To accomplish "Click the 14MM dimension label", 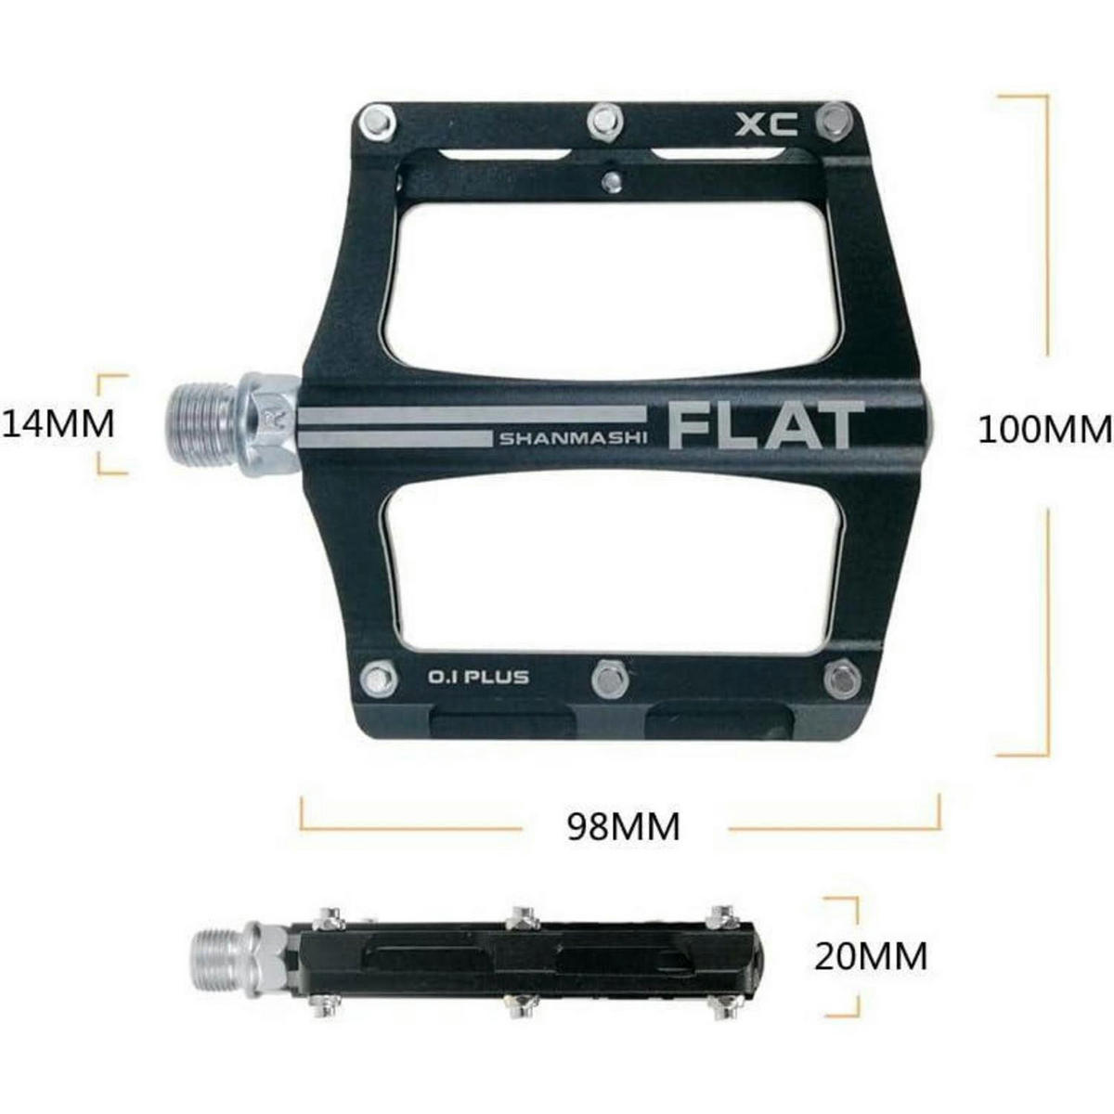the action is pyautogui.click(x=58, y=423).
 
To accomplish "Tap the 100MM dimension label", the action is pyautogui.click(x=1044, y=431).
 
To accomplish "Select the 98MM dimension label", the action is pyautogui.click(x=624, y=827).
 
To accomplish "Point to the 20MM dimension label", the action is pyautogui.click(x=871, y=956).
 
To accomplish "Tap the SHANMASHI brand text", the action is pyautogui.click(x=572, y=439).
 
